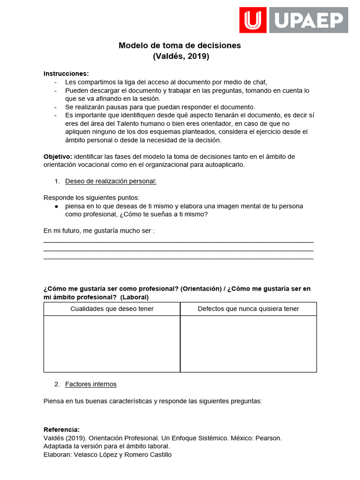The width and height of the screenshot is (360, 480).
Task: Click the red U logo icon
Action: (x=253, y=20)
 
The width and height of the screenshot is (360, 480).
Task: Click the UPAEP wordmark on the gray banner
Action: (x=308, y=20)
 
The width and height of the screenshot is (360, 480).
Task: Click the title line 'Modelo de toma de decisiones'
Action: (x=180, y=45)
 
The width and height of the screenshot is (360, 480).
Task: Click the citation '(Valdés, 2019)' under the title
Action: (x=180, y=56)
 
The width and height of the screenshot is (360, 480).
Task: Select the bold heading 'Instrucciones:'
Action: (x=66, y=74)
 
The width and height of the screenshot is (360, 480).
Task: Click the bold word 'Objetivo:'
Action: (x=58, y=157)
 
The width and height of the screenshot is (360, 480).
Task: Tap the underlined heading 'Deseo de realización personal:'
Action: (x=111, y=181)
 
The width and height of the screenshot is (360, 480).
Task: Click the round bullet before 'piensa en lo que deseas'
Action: (x=57, y=206)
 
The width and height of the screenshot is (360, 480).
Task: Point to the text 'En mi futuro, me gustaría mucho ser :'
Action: (x=99, y=231)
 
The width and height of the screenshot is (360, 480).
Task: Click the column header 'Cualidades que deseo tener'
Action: (x=112, y=308)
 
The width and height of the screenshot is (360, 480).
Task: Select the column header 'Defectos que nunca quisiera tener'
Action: (x=248, y=308)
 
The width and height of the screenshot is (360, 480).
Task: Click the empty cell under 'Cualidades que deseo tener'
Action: (x=112, y=344)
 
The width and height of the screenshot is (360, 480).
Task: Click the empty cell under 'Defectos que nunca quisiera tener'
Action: (x=248, y=344)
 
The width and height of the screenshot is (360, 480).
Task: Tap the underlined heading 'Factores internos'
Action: (x=91, y=384)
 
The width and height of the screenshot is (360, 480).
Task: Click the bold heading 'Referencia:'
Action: (x=61, y=429)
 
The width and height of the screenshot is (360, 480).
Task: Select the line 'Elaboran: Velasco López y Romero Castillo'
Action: (x=107, y=455)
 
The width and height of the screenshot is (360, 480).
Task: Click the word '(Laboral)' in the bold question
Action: (x=134, y=297)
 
